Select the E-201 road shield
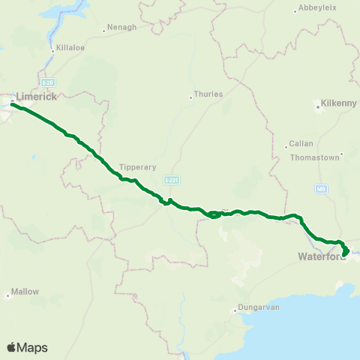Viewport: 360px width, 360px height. click(x=172, y=180)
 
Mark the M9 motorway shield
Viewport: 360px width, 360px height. click(x=321, y=188)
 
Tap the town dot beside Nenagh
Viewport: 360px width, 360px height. click(x=104, y=31)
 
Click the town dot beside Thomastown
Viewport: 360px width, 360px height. click(x=341, y=156)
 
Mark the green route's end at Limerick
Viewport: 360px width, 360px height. click(x=12, y=104)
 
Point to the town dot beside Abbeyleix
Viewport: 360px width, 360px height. click(x=295, y=11)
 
